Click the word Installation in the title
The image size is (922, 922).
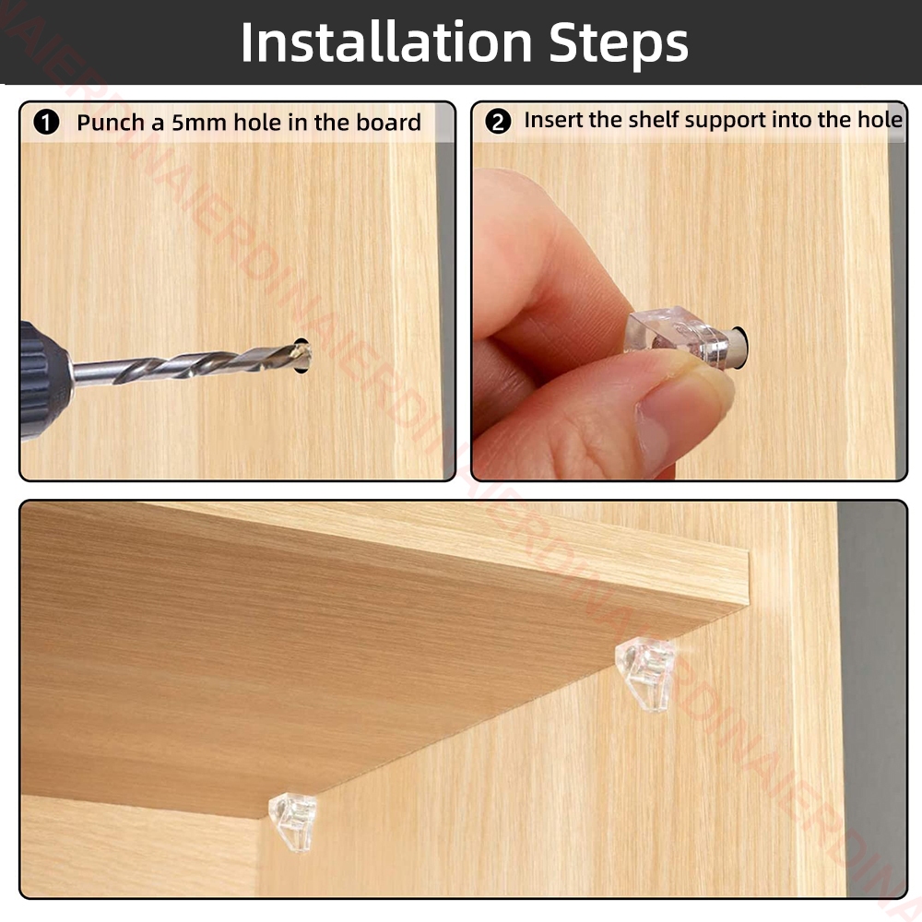pyautogui.click(x=386, y=42)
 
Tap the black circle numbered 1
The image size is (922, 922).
pyautogui.click(x=46, y=123)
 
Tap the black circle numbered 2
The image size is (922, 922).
pyautogui.click(x=498, y=122)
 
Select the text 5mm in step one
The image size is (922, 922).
pyautogui.click(x=199, y=123)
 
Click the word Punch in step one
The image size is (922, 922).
pyautogui.click(x=111, y=123)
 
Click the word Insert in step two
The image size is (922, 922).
pyautogui.click(x=552, y=119)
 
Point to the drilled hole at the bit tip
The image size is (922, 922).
pyautogui.click(x=302, y=355)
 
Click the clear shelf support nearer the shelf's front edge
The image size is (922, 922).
pyautogui.click(x=645, y=674)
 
